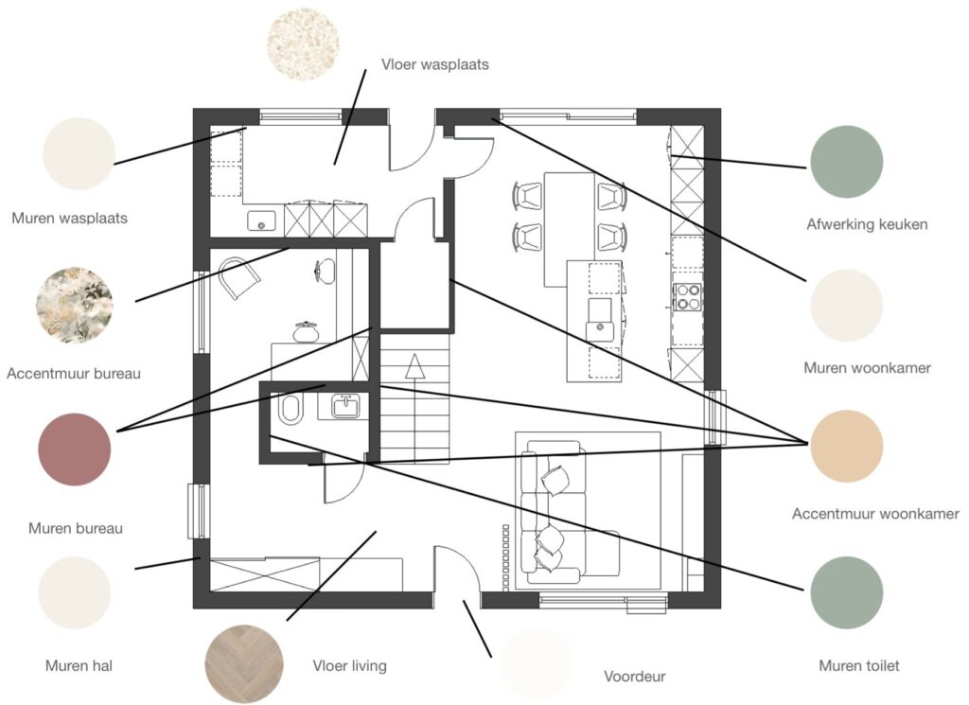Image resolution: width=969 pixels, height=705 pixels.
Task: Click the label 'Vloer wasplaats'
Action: point(434,64)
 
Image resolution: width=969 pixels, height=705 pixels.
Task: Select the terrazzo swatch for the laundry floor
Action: point(303,44)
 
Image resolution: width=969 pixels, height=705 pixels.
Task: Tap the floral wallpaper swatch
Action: point(75,305)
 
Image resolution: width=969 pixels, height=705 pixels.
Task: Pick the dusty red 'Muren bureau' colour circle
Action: point(75,449)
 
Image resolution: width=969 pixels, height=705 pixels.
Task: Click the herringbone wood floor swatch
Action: point(244,663)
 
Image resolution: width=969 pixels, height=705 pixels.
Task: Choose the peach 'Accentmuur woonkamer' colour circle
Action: point(846,446)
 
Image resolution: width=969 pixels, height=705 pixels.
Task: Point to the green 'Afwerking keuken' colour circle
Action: point(846,162)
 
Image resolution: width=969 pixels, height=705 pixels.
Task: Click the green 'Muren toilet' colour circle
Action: point(846,592)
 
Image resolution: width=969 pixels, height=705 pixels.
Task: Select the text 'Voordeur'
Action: point(635,676)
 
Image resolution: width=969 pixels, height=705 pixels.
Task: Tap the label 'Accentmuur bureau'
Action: point(74,373)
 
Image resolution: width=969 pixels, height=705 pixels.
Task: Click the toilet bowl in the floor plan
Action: point(290,409)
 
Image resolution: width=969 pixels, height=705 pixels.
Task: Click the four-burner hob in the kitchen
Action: point(687,296)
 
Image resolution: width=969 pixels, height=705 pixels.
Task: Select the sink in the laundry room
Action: point(261,220)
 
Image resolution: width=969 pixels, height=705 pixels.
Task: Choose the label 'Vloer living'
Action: point(350,665)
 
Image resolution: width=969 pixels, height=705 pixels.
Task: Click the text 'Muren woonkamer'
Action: point(867,367)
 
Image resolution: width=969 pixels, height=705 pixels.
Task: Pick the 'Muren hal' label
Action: point(79,665)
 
